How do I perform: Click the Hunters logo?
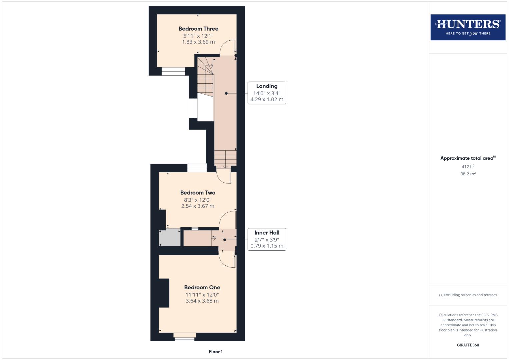click(468, 27)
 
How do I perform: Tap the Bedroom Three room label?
click(198, 29)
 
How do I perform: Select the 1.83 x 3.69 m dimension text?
click(198, 42)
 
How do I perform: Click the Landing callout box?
click(267, 93)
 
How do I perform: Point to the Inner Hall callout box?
click(267, 239)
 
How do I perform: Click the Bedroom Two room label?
click(198, 193)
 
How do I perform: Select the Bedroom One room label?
click(202, 287)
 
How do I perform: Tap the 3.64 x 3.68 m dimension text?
click(202, 301)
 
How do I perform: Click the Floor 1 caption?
click(216, 352)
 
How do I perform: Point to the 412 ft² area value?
click(468, 167)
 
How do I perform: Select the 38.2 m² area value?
click(468, 174)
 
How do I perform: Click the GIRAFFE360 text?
click(468, 345)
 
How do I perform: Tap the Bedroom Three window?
click(173, 71)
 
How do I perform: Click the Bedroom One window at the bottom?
click(185, 337)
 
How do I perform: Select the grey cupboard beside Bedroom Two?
click(170, 238)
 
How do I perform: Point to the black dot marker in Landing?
click(226, 93)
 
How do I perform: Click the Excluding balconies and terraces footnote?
click(468, 295)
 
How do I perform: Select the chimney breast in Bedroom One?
click(164, 293)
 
